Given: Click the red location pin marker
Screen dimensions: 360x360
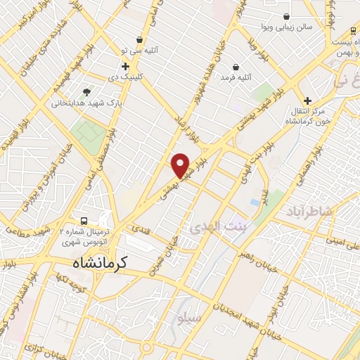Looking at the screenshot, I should (181, 165).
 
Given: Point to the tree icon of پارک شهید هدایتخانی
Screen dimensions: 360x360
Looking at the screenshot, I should (86, 91).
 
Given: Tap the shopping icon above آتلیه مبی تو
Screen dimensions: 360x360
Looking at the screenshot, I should (139, 39).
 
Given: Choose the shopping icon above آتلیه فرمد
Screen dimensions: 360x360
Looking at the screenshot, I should (236, 67).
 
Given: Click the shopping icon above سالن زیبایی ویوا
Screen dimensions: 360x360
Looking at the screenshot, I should (286, 16).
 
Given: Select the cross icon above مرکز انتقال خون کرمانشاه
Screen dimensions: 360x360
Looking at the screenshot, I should (307, 101).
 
